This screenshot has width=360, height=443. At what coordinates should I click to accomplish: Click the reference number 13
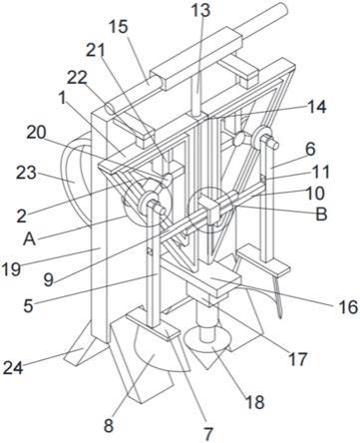coord(200,10)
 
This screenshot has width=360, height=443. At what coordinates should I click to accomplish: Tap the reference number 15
coord(118,27)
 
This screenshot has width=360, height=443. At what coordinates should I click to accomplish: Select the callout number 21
coord(96,51)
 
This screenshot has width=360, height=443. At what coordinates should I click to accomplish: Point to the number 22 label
coord(77,78)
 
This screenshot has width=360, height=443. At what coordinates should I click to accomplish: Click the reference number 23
coord(26,173)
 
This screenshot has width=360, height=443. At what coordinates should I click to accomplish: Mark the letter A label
coord(29,238)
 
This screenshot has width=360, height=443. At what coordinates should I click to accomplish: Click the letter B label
coord(321,215)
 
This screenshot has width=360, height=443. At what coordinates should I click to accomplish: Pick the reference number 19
coord(11,268)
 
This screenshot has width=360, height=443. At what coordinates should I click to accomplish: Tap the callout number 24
coord(13,368)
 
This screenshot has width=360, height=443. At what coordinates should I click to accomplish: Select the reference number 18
coord(255,402)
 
